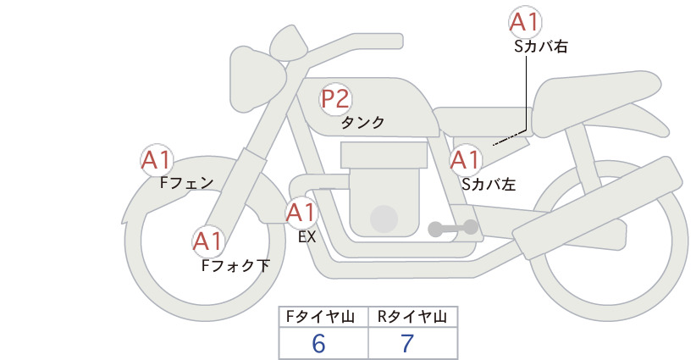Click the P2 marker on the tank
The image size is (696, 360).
(336, 99)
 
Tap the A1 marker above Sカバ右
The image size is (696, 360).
(525, 22)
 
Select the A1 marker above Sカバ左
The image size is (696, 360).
(466, 160)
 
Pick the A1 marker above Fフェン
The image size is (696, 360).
(157, 160)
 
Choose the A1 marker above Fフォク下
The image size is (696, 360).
(208, 241)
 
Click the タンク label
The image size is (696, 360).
(362, 123)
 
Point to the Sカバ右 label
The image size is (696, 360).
(541, 47)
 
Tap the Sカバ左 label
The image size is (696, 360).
(489, 184)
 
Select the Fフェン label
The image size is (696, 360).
(186, 182)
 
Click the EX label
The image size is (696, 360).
(307, 237)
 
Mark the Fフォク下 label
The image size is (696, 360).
(235, 265)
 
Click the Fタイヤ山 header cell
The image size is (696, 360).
(323, 317)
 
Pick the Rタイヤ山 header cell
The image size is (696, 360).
(413, 317)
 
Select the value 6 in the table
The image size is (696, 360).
(318, 343)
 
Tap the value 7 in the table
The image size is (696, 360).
(407, 343)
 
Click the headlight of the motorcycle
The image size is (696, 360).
(256, 79)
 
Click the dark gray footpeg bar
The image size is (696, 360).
(453, 228)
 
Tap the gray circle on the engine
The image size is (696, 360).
(384, 219)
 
